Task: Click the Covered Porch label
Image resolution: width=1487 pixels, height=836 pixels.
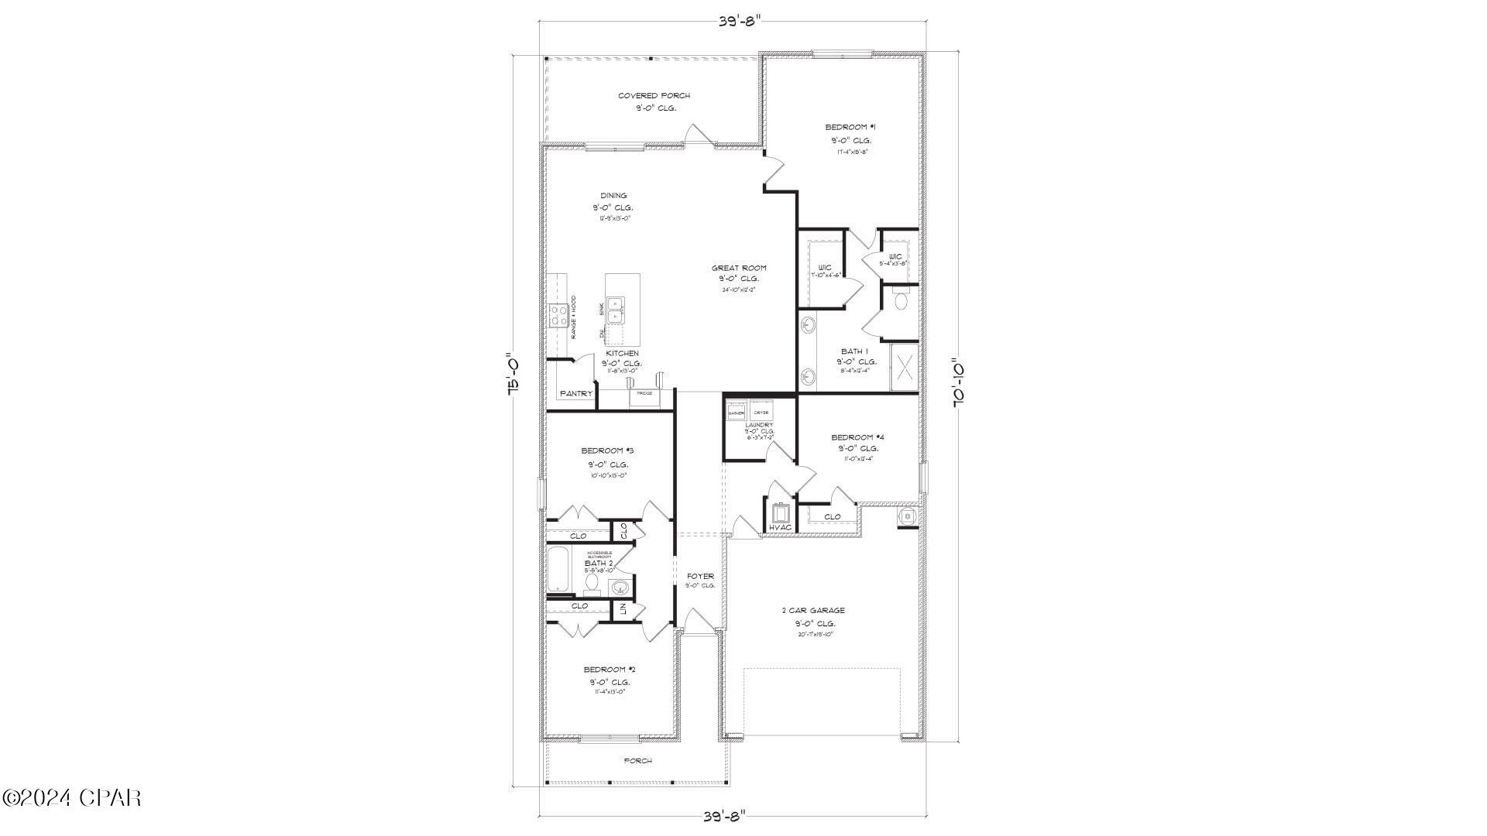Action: [654, 96]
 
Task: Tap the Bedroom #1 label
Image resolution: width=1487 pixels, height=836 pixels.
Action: [850, 127]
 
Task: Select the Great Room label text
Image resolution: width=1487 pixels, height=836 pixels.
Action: [739, 269]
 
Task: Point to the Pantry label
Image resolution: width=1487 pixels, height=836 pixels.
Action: [576, 394]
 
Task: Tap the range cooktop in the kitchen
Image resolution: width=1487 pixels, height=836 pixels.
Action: [558, 315]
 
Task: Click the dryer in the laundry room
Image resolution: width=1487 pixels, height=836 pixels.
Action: [761, 412]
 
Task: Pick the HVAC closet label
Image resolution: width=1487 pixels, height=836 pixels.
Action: [780, 528]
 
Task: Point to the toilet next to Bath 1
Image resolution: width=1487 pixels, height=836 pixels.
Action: [901, 301]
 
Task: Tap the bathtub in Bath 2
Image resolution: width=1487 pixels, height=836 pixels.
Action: [558, 570]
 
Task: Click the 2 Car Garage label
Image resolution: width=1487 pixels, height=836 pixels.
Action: [813, 611]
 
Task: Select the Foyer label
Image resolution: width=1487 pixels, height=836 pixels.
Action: [700, 576]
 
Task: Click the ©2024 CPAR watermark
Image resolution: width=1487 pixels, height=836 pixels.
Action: [71, 797]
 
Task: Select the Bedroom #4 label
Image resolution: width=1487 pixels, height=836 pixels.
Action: [857, 437]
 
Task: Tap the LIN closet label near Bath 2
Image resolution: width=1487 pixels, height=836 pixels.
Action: [622, 609]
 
